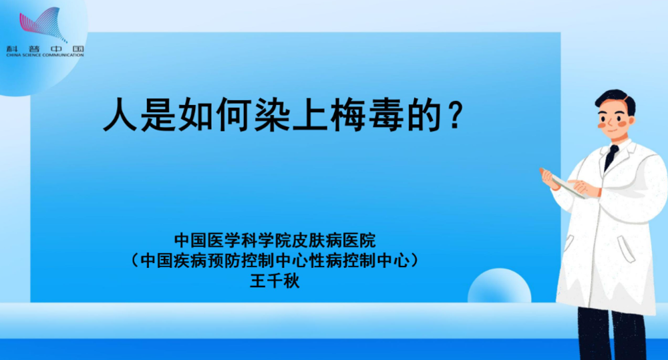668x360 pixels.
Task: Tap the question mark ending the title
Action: (x=456, y=115)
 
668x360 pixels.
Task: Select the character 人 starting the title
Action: (x=120, y=115)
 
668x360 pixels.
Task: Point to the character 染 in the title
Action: (x=272, y=115)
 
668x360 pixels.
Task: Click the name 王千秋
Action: (x=275, y=281)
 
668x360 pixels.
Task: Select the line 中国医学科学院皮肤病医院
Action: (x=275, y=240)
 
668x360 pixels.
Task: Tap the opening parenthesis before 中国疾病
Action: (x=136, y=260)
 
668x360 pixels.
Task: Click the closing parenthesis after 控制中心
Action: (x=414, y=260)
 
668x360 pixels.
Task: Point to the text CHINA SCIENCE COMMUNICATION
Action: (x=45, y=55)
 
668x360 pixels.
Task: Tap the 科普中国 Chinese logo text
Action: (x=45, y=49)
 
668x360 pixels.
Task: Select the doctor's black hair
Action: (x=616, y=99)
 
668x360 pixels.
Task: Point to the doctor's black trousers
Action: (x=612, y=335)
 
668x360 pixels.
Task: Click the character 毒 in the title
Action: (x=385, y=115)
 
